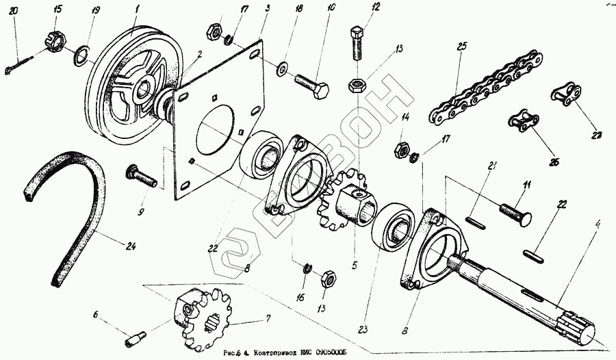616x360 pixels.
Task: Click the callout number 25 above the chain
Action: click(462, 47)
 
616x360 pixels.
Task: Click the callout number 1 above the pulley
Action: click(137, 9)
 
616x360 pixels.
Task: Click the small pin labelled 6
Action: click(135, 338)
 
